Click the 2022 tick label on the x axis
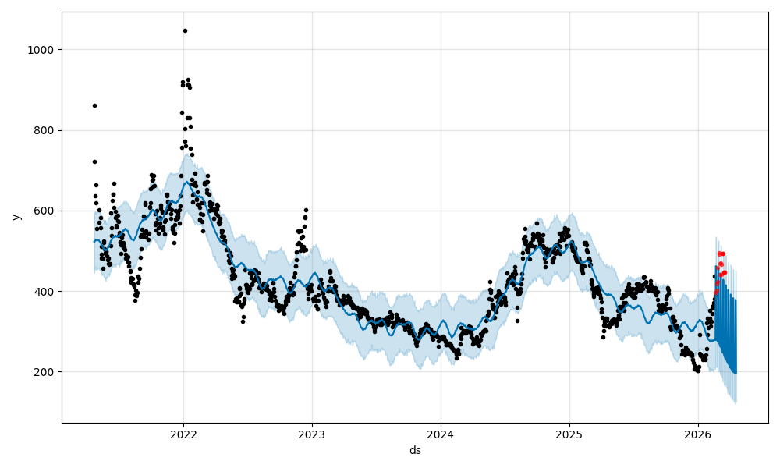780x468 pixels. [x=183, y=434]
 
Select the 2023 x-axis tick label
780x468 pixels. [x=312, y=434]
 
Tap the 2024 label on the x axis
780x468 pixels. [x=441, y=434]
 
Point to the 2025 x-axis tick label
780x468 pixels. [x=569, y=434]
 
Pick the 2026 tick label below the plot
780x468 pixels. [x=697, y=434]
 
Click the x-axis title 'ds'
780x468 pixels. [x=415, y=450]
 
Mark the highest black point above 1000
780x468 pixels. [x=185, y=31]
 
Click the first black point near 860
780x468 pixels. [x=94, y=105]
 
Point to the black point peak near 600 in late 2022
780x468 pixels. [x=306, y=210]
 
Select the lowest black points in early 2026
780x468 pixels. [x=697, y=370]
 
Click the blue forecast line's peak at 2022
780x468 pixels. [x=185, y=182]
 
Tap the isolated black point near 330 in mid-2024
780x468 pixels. [x=517, y=321]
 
